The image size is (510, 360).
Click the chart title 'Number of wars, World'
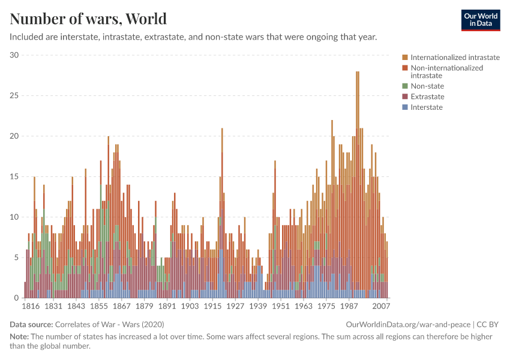88,19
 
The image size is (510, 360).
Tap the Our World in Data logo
481,20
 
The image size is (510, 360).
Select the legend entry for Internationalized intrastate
455,58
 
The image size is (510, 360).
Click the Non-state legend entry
427,86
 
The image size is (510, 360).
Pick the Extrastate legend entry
427,97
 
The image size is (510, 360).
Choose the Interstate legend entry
426,107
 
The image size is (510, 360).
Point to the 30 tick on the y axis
14,55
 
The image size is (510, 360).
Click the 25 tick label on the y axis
14,96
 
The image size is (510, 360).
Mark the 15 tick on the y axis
14,177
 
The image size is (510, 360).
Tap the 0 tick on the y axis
17,298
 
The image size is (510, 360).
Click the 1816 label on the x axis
31,307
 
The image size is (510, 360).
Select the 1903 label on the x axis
190,307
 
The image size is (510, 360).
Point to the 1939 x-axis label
258,307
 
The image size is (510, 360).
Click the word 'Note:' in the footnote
20,337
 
